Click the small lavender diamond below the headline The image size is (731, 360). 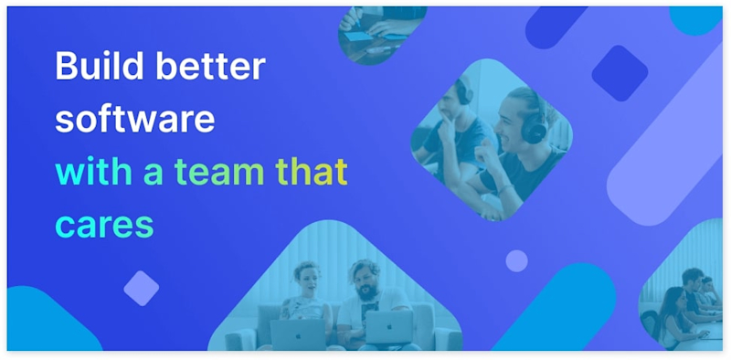click(141, 288)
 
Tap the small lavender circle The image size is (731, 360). click(516, 260)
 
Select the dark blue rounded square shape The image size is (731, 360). click(620, 73)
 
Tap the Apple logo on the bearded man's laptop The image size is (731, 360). click(387, 326)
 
